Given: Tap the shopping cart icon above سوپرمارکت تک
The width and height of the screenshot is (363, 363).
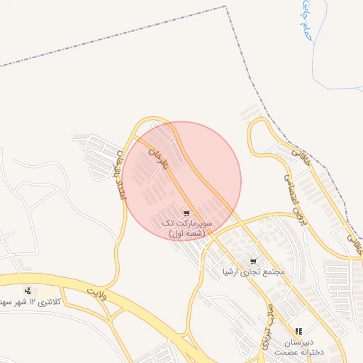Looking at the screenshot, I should pyautogui.click(x=186, y=213).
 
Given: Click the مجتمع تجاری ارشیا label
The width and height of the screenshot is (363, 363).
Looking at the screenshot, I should pyautogui.click(x=253, y=272).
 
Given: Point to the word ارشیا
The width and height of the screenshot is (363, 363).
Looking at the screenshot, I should pyautogui.click(x=233, y=272).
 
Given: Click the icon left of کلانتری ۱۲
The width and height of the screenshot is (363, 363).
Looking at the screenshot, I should pyautogui.click(x=28, y=291).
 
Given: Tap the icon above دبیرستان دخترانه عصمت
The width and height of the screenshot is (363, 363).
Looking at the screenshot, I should pyautogui.click(x=298, y=331).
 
